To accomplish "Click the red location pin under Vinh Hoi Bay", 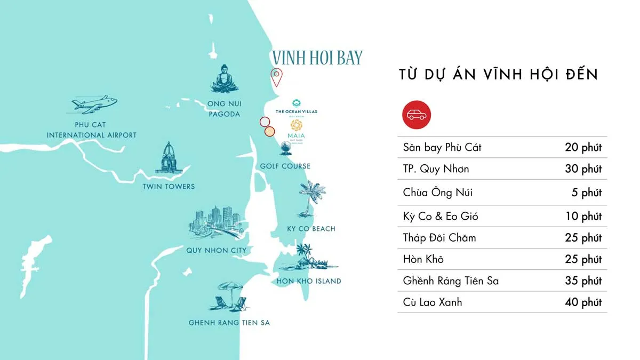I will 276,77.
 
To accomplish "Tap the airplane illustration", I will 95,104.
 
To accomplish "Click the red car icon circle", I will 417,114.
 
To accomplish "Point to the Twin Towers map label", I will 169,187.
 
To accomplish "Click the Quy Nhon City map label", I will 216,250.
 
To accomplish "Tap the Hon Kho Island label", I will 309,281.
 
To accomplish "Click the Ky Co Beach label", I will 311,229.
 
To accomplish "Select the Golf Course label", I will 285,166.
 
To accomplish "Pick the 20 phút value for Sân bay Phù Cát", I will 583,148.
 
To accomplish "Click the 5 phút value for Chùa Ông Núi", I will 586,193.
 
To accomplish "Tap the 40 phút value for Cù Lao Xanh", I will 583,302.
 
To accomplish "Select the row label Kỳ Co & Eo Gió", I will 441,216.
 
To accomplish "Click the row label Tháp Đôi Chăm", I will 439,238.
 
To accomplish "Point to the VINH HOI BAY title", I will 317,58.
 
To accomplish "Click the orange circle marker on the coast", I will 270,131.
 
